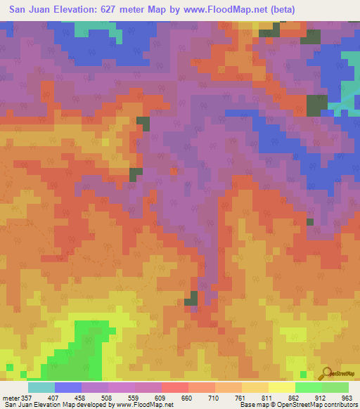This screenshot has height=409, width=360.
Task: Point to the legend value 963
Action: pos(347,397)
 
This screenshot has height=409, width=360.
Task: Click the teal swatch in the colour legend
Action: pos(41,387)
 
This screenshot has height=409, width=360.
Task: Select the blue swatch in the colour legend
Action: pos(67,387)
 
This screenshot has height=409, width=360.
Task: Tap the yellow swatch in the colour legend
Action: pos(281,387)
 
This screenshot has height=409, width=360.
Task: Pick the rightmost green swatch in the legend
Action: pos(335,387)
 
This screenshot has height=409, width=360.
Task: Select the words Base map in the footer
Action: pos(249,405)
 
